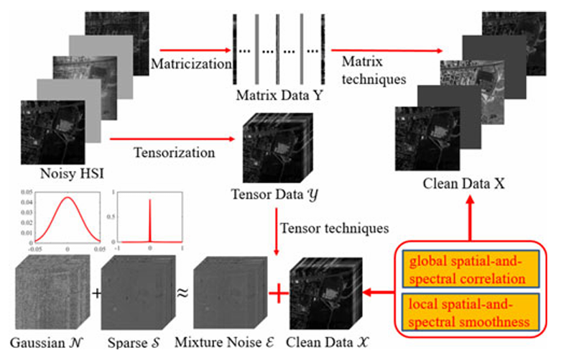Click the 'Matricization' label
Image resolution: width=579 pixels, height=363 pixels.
coord(188,63)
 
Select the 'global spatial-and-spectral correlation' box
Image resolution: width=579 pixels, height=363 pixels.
coord(468,267)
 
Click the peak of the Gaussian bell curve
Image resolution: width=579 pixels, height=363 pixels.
coord(67,198)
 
